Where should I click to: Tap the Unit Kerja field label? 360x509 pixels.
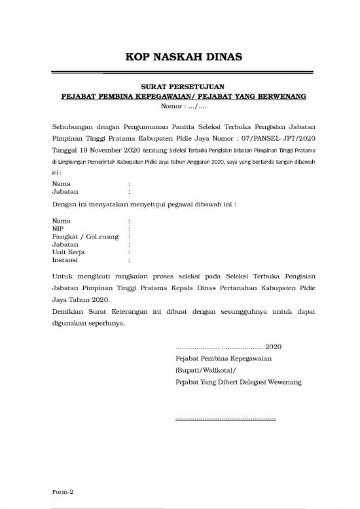point(67,252)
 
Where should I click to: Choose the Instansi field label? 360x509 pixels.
point(65,259)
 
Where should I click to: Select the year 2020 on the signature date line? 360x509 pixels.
point(274,347)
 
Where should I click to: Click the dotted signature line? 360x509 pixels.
point(226,417)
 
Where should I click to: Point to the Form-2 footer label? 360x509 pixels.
point(63,491)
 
